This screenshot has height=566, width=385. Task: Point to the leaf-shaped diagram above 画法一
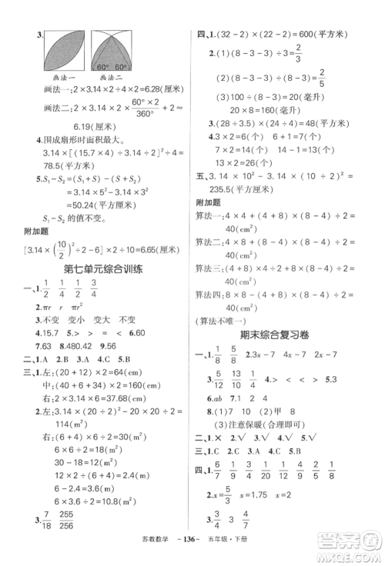(64, 53)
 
